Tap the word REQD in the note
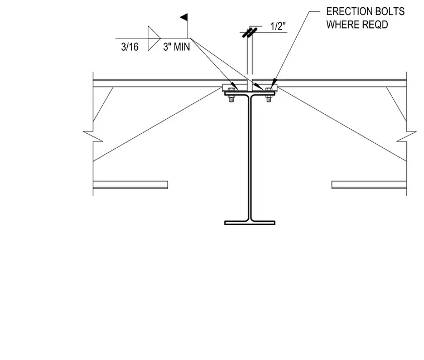coord(375,25)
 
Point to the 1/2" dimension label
coord(278,26)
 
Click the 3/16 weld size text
coord(130,47)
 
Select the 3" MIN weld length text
coord(177,47)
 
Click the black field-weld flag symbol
coord(184,17)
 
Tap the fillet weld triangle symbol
coord(154,38)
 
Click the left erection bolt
coord(231,95)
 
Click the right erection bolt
coord(268,95)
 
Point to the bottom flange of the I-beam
coord(250,223)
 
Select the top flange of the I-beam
coord(250,94)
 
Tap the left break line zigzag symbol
coord(93,136)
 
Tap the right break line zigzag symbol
coord(406,136)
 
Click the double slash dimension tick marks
coord(249,32)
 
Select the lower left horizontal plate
coord(131,184)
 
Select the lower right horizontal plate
coord(369,184)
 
